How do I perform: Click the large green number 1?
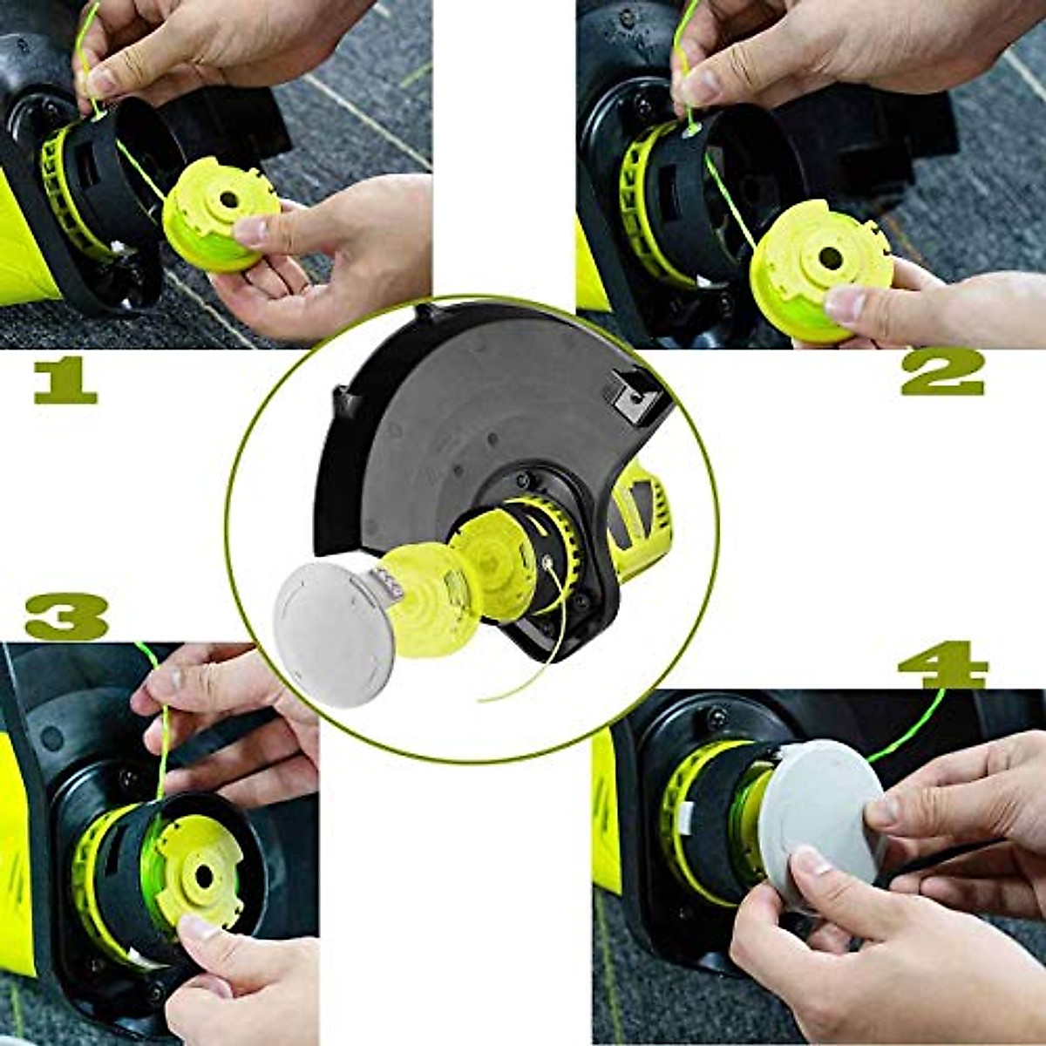65,383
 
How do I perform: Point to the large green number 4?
941,666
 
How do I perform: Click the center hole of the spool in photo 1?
228,200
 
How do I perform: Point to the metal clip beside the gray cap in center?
384,581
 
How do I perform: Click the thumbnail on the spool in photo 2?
844,304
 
